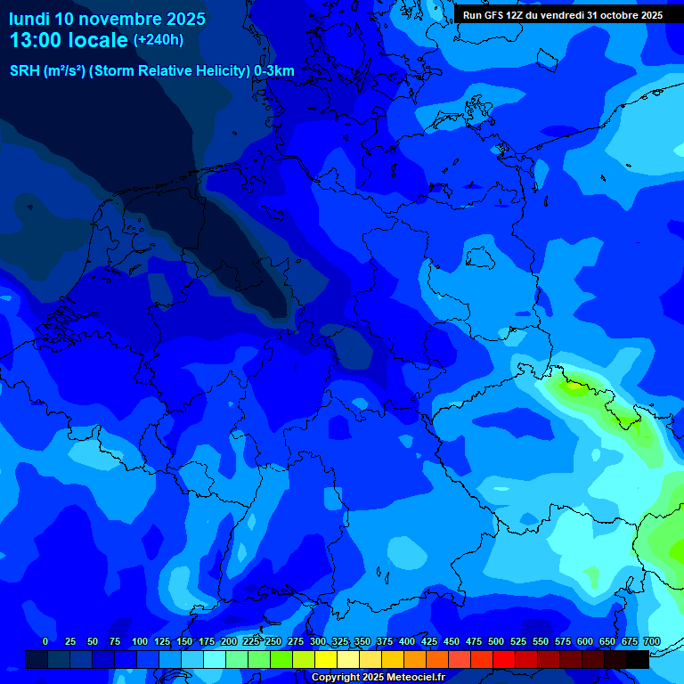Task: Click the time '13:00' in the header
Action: click(39, 40)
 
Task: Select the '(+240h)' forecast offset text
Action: click(158, 40)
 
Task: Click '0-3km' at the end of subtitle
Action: click(274, 71)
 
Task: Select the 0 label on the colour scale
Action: click(45, 642)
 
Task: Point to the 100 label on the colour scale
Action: click(140, 642)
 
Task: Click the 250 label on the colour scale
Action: click(273, 642)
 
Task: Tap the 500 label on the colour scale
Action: click(496, 642)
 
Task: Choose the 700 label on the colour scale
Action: click(652, 642)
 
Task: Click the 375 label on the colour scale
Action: click(385, 642)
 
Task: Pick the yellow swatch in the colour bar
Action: click(326, 659)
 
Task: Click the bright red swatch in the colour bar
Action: click(504, 659)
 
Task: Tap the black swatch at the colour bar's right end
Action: click(638, 659)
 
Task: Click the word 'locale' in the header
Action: click(100, 40)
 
